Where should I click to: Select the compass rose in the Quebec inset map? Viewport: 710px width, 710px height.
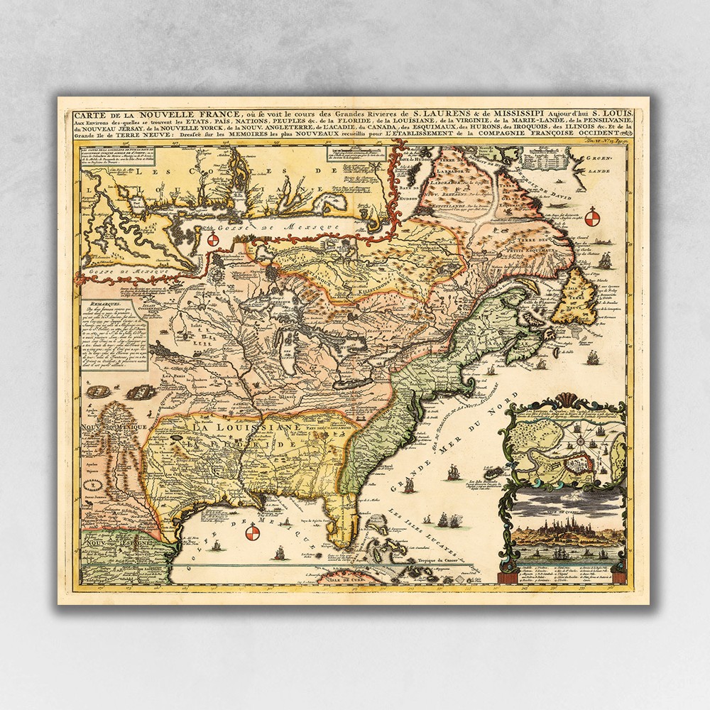point(581,442)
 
